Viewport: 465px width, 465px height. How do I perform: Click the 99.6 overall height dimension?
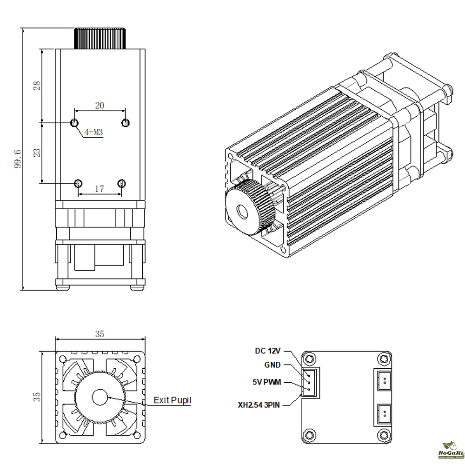click(x=18, y=159)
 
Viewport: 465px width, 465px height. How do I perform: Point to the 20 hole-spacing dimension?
click(x=100, y=106)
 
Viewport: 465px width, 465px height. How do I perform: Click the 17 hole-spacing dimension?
click(x=99, y=189)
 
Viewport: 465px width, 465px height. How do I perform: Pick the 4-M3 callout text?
click(x=93, y=133)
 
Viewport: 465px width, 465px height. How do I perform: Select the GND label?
click(x=273, y=365)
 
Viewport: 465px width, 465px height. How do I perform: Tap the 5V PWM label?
click(x=267, y=383)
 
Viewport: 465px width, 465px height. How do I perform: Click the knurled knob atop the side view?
click(x=100, y=38)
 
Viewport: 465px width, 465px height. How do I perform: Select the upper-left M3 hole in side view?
click(x=74, y=123)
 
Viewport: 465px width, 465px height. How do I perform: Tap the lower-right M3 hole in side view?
click(x=122, y=183)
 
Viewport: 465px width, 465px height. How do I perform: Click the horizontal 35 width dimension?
click(x=100, y=334)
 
